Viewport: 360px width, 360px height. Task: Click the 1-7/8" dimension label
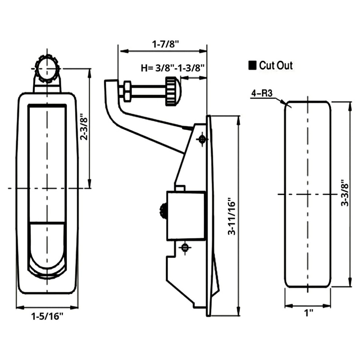point(165,44)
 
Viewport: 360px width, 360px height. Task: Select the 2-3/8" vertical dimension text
point(84,129)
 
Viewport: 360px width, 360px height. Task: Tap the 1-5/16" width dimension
point(47,317)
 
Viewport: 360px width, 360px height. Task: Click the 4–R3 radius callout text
point(262,93)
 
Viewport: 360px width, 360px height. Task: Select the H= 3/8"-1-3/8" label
point(173,68)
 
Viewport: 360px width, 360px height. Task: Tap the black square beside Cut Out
point(252,65)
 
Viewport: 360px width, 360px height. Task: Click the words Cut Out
point(276,65)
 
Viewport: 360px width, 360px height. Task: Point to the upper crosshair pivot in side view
point(202,139)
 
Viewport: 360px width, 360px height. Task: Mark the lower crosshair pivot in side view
point(185,247)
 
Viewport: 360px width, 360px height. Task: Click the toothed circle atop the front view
point(47,69)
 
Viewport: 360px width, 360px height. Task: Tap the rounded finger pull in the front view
point(47,250)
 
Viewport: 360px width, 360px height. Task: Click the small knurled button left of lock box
point(163,210)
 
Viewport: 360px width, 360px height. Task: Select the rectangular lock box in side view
point(186,215)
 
